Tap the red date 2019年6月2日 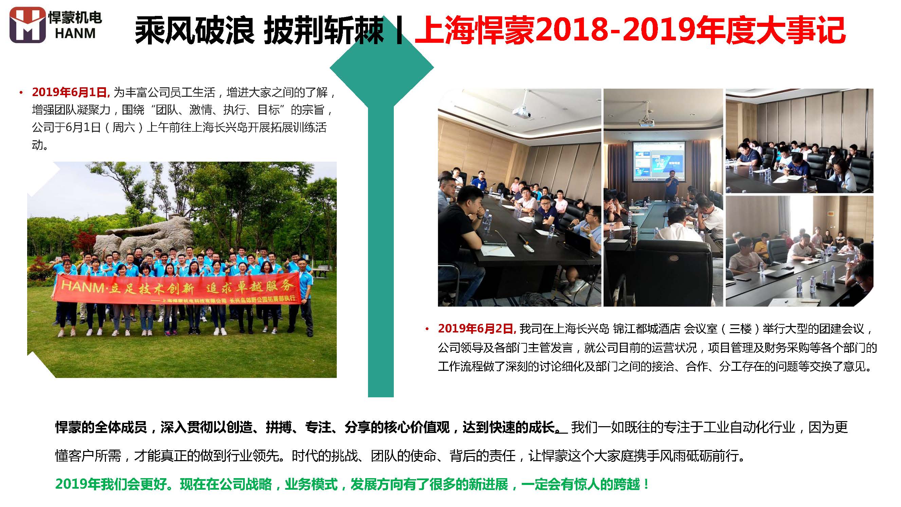(477, 329)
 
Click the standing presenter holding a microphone (672, 187)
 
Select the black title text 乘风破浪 (195, 31)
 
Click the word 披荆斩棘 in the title (324, 31)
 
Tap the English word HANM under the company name (75, 33)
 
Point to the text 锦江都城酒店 (647, 329)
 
